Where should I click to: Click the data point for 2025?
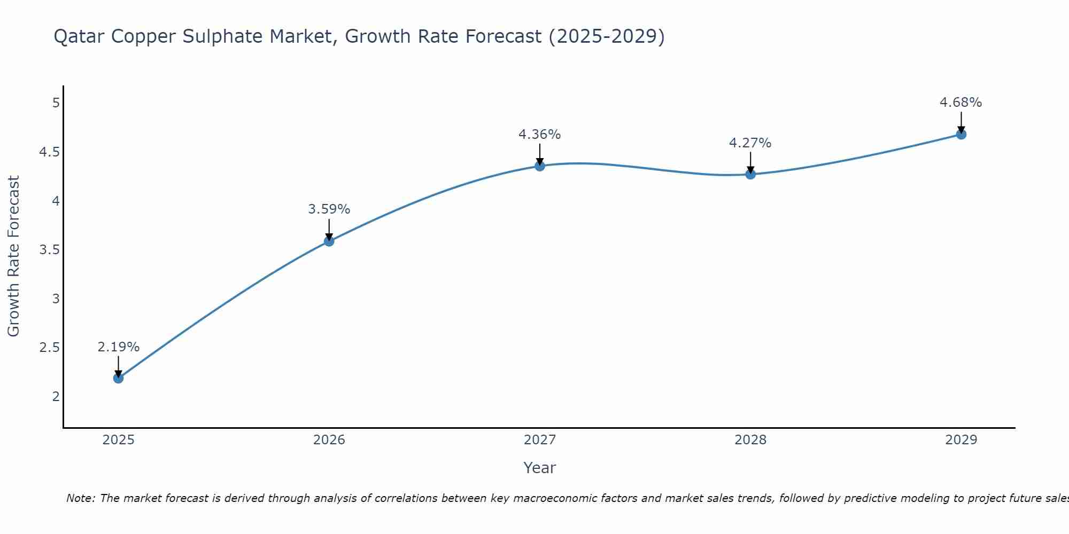point(118,378)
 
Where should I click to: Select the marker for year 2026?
point(329,241)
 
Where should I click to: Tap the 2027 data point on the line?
point(540,166)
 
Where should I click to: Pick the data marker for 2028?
point(750,174)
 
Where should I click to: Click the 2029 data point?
point(961,135)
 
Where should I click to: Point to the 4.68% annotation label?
point(960,103)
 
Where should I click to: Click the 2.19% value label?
point(118,347)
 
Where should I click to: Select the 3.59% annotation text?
point(329,209)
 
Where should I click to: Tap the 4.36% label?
point(539,135)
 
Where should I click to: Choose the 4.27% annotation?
point(750,143)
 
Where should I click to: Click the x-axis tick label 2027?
point(540,440)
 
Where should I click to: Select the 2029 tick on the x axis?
point(961,440)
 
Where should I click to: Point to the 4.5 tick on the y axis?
point(49,152)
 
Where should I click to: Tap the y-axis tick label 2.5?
point(49,348)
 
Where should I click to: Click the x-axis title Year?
point(539,468)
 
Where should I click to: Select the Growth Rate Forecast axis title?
point(13,256)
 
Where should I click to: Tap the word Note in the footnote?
point(80,498)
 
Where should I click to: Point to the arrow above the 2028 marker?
point(750,162)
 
